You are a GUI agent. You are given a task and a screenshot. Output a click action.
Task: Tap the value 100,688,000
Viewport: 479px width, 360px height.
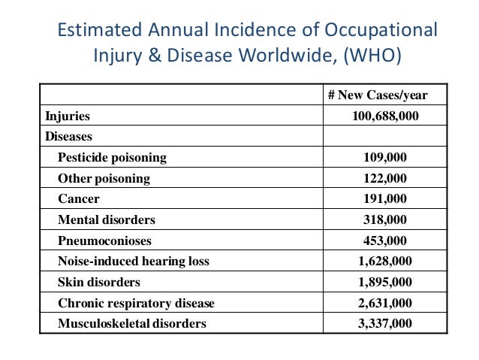385,116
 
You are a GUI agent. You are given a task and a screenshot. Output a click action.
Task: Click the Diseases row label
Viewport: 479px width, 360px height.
69,137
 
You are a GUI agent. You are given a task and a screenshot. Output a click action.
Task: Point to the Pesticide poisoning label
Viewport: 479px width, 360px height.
112,158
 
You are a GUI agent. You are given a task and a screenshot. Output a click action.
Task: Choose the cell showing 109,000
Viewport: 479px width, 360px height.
385,158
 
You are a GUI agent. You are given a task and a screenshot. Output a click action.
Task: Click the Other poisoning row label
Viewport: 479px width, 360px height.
104,179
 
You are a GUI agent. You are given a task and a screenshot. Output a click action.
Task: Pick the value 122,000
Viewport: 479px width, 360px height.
385,179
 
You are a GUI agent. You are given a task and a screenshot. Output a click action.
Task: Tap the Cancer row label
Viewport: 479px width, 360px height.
79,199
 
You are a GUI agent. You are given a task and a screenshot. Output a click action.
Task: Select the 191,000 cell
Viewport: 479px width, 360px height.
385,199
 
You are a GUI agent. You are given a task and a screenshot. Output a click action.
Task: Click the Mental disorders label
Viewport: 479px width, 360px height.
107,220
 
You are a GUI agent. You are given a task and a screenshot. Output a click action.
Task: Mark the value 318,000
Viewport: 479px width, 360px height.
385,220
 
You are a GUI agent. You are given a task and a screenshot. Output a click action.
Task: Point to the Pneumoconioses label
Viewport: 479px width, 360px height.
104,241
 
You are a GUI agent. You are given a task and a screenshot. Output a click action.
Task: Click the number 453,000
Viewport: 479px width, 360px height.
385,241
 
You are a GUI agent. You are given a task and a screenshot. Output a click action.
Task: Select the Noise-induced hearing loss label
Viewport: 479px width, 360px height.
134,262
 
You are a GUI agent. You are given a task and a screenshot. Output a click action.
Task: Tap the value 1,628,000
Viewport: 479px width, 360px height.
385,262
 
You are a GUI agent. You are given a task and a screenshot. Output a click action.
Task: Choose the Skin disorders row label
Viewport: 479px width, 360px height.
99,283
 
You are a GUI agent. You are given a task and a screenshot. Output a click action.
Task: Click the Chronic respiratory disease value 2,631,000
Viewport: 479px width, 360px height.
385,304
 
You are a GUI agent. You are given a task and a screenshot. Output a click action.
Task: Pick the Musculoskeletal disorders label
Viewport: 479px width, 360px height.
131,325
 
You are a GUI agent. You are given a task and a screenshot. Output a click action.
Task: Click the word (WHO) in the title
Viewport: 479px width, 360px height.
381,56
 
